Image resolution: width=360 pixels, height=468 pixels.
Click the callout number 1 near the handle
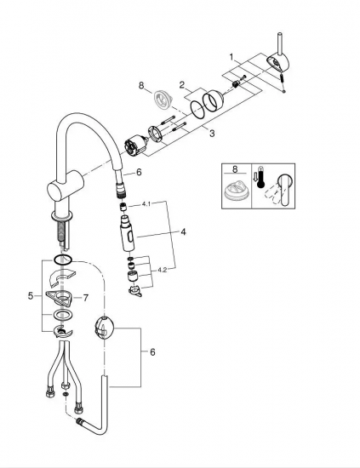[x=231, y=57]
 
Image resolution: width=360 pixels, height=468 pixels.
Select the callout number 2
[x=182, y=85]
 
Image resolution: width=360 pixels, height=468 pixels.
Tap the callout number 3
[x=212, y=133]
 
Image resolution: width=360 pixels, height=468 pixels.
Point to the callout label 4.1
[x=146, y=204]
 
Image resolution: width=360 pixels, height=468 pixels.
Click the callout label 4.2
[x=162, y=270]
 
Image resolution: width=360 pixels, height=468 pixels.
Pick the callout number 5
[x=31, y=296]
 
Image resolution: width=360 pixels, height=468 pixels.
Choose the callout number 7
[x=86, y=298]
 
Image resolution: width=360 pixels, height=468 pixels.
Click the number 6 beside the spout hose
[x=139, y=172]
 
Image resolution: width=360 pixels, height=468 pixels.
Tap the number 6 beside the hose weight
[x=152, y=352]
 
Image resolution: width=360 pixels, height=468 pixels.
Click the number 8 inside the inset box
[x=235, y=169]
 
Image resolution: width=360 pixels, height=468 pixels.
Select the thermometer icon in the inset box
[x=261, y=178]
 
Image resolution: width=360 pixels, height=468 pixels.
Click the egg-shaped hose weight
[x=105, y=328]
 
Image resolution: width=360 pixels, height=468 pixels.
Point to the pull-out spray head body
[x=128, y=233]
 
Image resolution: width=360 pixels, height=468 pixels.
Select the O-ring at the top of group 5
[x=63, y=260]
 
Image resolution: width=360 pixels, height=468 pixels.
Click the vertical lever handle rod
[x=281, y=44]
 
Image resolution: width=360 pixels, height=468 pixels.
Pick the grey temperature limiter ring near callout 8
[x=163, y=100]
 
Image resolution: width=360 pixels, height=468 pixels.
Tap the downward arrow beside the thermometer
[x=254, y=176]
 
